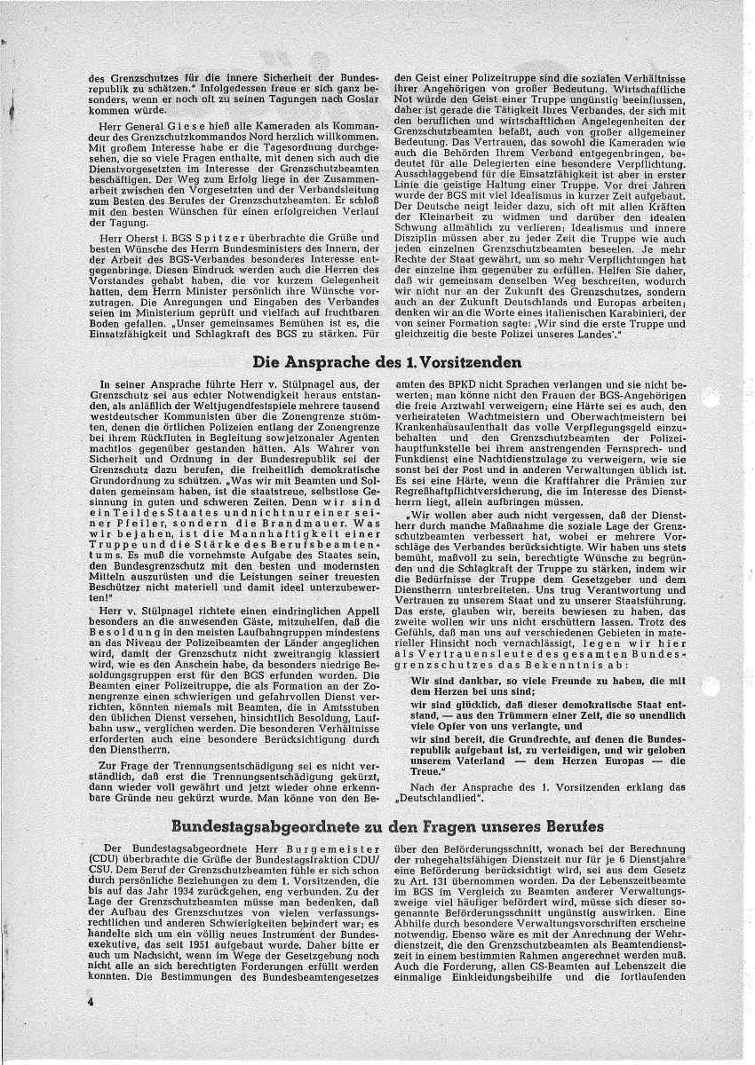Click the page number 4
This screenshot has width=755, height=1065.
coord(91,999)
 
